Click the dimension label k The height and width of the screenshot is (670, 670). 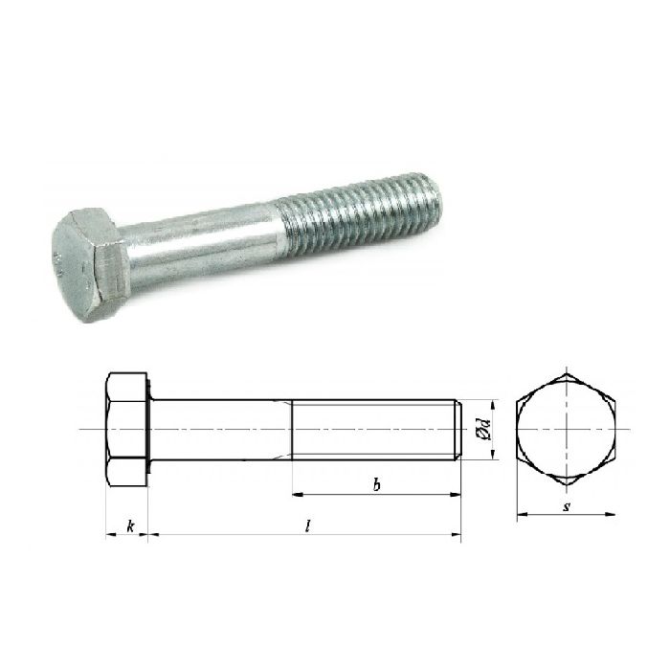pyautogui.click(x=127, y=525)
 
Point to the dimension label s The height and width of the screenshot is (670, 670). pyautogui.click(x=567, y=504)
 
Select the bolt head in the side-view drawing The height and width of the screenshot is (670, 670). pyautogui.click(x=127, y=429)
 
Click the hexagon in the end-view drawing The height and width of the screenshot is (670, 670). pyautogui.click(x=567, y=429)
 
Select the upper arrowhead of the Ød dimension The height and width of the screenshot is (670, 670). pyautogui.click(x=491, y=402)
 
